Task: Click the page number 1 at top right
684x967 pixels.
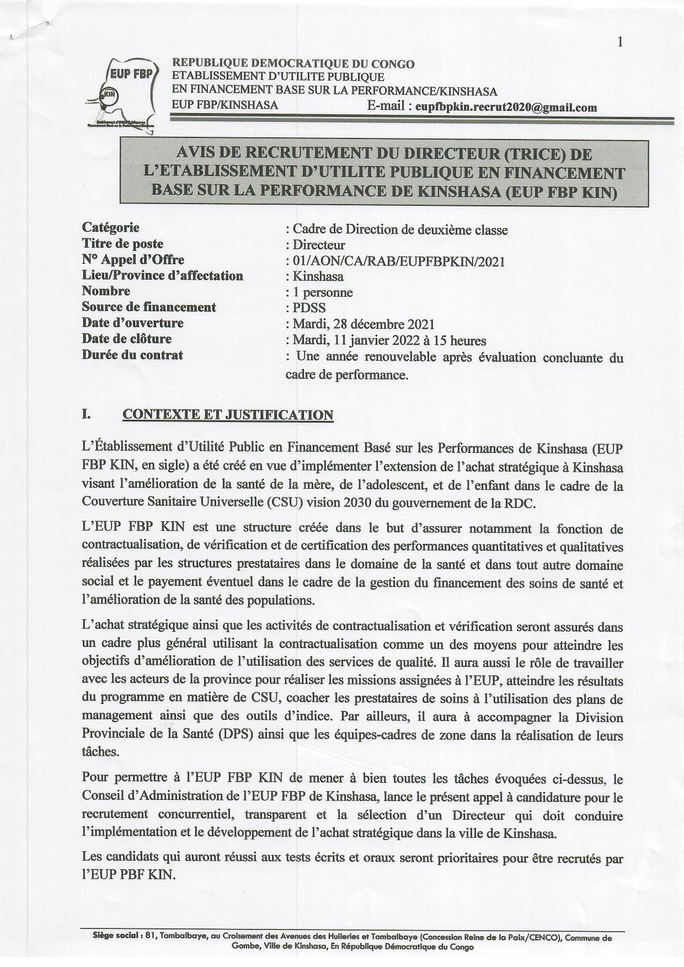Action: pos(621,42)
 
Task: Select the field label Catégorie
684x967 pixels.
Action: pos(110,227)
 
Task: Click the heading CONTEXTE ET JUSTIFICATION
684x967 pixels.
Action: pos(228,415)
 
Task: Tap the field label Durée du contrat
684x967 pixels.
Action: pos(132,355)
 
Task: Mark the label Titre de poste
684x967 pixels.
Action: pos(122,243)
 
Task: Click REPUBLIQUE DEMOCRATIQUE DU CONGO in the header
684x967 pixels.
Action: pos(293,64)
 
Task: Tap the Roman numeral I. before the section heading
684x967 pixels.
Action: pos(87,414)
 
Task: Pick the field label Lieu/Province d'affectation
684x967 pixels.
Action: pos(162,275)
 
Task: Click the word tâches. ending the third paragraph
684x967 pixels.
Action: pos(100,751)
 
